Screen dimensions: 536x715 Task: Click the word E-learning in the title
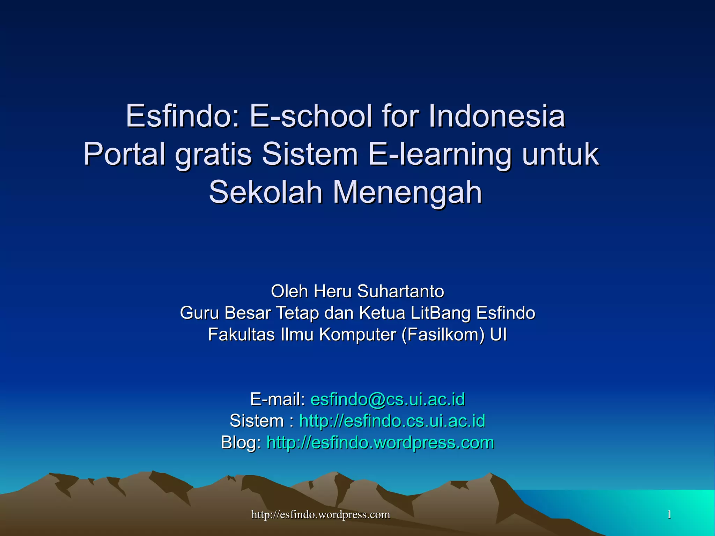(x=440, y=154)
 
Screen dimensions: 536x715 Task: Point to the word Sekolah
(x=265, y=192)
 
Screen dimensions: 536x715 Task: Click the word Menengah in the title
(x=407, y=193)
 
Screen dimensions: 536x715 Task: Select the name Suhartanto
(x=400, y=291)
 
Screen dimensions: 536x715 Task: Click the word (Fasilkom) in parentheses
(x=443, y=335)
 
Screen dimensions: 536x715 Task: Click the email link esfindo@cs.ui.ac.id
(x=388, y=399)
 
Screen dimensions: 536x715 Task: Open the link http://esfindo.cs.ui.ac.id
(x=392, y=421)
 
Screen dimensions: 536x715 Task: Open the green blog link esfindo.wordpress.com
(x=380, y=443)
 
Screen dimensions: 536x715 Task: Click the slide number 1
(x=669, y=514)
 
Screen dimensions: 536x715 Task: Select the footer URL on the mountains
(x=320, y=514)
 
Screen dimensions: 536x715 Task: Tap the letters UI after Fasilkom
(x=498, y=335)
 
